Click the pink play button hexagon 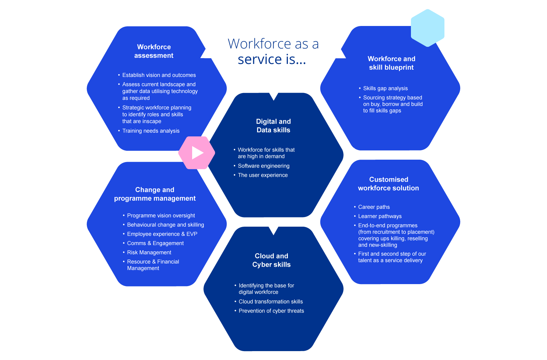pyautogui.click(x=197, y=153)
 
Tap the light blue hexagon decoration pyautogui.click(x=427, y=28)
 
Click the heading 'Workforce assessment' pyautogui.click(x=154, y=51)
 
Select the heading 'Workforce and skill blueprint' pyautogui.click(x=391, y=63)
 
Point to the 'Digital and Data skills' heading pyautogui.click(x=273, y=126)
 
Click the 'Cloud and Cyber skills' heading pyautogui.click(x=271, y=260)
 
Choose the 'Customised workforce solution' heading pyautogui.click(x=388, y=184)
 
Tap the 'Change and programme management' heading pyautogui.click(x=155, y=194)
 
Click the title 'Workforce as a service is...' pyautogui.click(x=273, y=52)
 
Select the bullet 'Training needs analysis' pyautogui.click(x=151, y=131)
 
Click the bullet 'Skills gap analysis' pyautogui.click(x=385, y=89)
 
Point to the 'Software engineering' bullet pyautogui.click(x=264, y=166)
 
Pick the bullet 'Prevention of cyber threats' pyautogui.click(x=271, y=311)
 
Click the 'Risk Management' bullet pyautogui.click(x=149, y=253)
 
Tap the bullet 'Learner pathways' pyautogui.click(x=380, y=216)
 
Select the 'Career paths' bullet pyautogui.click(x=374, y=207)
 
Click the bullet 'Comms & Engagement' pyautogui.click(x=155, y=243)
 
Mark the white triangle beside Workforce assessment pyautogui.click(x=206, y=54)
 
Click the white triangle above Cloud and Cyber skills pyautogui.click(x=273, y=230)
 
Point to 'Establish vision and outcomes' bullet pyautogui.click(x=159, y=75)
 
